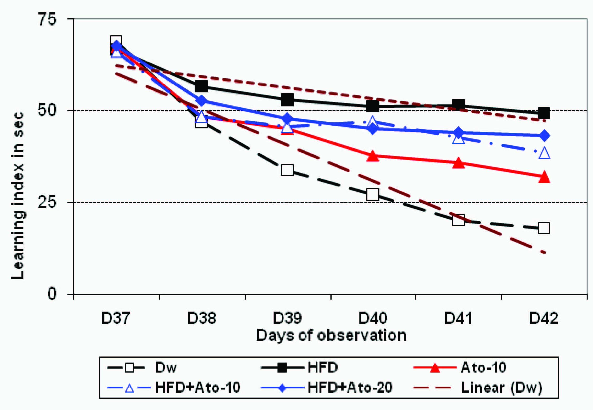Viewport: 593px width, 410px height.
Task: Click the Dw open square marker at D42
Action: pyautogui.click(x=544, y=228)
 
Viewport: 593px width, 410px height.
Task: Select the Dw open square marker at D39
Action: pyautogui.click(x=287, y=170)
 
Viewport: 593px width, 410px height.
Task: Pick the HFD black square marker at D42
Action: pyautogui.click(x=544, y=113)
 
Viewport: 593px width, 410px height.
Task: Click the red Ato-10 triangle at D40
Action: pyautogui.click(x=373, y=157)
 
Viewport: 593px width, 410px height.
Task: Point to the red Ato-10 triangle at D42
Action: pyautogui.click(x=544, y=178)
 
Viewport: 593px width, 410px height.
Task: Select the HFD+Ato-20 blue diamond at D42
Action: pyautogui.click(x=544, y=136)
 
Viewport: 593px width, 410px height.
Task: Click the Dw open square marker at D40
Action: pyautogui.click(x=373, y=194)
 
